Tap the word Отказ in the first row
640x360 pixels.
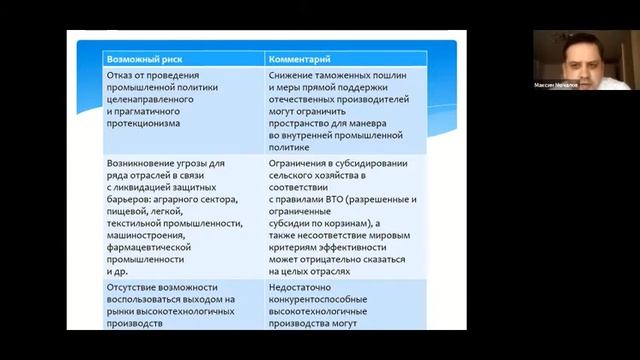point(122,76)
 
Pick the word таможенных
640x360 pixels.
point(356,76)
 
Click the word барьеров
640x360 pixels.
point(131,199)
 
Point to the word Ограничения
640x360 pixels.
point(305,163)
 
